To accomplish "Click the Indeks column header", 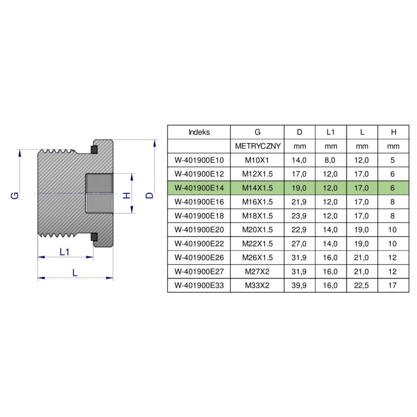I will (199, 132).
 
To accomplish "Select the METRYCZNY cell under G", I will (257, 146).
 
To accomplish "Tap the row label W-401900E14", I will (199, 187).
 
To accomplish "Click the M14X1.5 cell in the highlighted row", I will (257, 187).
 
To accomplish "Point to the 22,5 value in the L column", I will (362, 285).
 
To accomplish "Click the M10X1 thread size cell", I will (257, 160).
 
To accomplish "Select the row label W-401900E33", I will (199, 285).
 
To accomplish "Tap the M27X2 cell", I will (257, 272).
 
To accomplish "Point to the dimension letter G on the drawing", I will (15, 195).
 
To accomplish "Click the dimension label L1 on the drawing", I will (65, 252).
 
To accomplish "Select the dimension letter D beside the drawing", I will (150, 195).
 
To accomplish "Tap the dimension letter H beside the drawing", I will (126, 195).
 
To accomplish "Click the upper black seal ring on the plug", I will (94, 150).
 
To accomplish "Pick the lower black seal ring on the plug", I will (94, 237).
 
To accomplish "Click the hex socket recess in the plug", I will (100, 193).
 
